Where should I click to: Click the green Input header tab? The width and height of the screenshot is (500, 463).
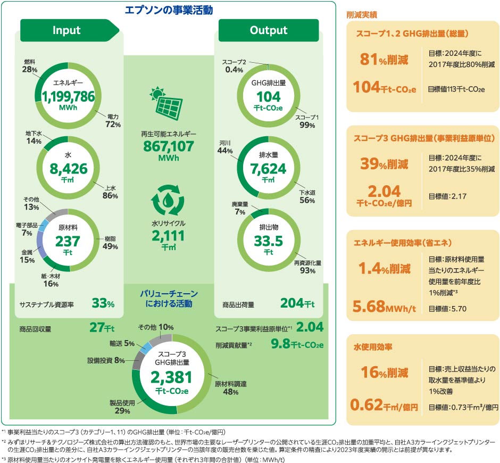click(x=67, y=30)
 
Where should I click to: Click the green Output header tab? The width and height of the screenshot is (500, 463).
click(x=269, y=30)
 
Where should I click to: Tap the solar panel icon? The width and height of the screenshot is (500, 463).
click(x=169, y=104)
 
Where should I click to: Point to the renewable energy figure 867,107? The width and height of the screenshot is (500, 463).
click(x=169, y=146)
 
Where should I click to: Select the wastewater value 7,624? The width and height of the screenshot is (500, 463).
click(x=268, y=169)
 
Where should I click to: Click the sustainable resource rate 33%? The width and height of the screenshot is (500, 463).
click(x=103, y=303)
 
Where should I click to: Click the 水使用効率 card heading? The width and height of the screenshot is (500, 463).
click(x=373, y=347)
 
